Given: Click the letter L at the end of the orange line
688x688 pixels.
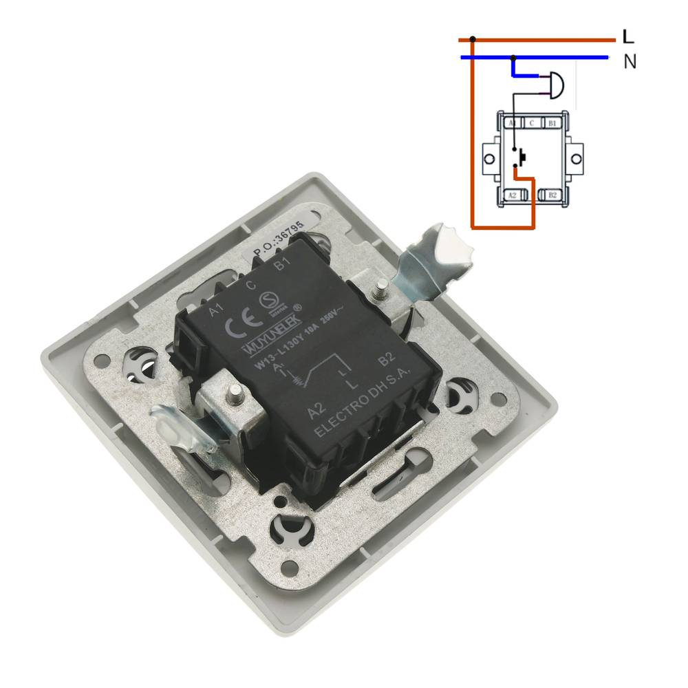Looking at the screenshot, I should coord(627,36).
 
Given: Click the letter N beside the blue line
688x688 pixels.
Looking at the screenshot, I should coord(630,61).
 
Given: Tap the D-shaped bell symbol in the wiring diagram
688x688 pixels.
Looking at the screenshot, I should coord(556,86).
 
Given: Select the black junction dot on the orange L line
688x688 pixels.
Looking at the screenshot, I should coord(472,39).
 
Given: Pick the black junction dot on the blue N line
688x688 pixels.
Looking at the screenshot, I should coord(513,57).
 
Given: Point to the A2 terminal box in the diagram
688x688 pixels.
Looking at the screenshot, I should coord(511,195).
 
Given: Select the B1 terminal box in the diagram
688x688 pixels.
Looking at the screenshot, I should coord(552,123).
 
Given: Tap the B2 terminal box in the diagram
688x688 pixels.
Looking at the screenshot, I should coord(552,195).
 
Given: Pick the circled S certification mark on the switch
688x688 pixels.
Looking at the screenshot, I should coord(266,300).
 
